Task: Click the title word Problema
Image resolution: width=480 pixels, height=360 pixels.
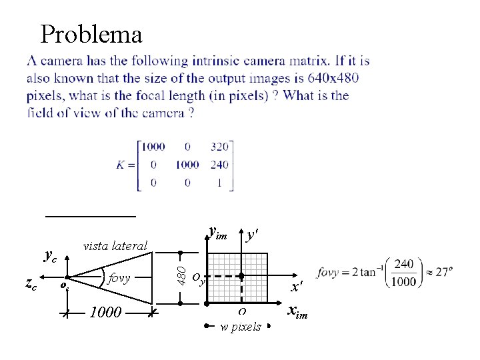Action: point(91,34)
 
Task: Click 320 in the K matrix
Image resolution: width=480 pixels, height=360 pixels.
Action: point(219,147)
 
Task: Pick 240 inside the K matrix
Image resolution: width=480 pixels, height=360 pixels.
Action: point(219,164)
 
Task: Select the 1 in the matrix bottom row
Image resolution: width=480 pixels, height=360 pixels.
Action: point(219,182)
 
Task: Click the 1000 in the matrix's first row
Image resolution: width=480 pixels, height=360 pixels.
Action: point(153,147)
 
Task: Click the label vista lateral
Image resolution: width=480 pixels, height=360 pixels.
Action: point(115,246)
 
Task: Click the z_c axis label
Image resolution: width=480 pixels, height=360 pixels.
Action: point(31,284)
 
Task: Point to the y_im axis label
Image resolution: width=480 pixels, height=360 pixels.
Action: point(218,233)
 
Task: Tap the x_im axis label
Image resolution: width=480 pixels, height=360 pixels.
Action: point(297,311)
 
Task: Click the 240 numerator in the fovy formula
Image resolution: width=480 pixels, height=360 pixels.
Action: point(403,265)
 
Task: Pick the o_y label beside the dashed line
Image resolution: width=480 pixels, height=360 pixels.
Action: point(199,278)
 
